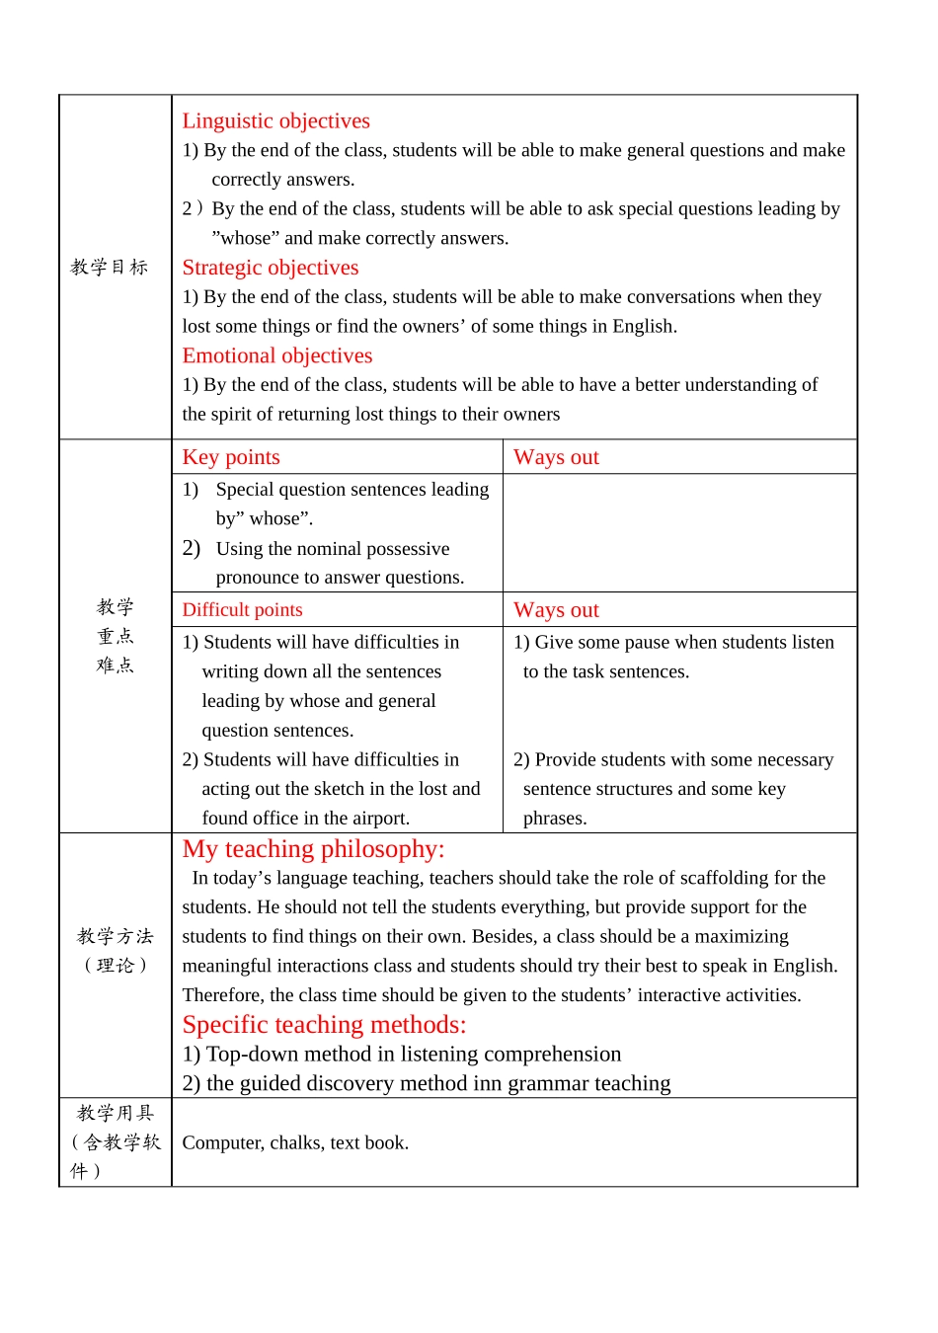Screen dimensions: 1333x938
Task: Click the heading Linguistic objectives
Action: coord(275,120)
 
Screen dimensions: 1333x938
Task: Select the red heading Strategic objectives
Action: coord(270,268)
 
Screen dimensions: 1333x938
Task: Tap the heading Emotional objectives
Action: coord(276,355)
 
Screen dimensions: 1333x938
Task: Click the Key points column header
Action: coord(231,457)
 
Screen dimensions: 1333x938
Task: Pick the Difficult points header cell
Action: coord(242,610)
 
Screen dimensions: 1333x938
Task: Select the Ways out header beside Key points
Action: coord(556,457)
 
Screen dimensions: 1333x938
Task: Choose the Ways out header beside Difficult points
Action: coord(556,610)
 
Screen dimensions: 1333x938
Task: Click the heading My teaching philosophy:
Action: coord(313,849)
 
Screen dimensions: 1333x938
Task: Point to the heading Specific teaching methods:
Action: coord(324,1025)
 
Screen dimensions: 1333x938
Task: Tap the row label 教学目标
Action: coord(110,267)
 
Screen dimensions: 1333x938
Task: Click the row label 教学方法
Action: coord(116,936)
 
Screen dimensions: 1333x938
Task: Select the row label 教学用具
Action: coord(116,1113)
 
